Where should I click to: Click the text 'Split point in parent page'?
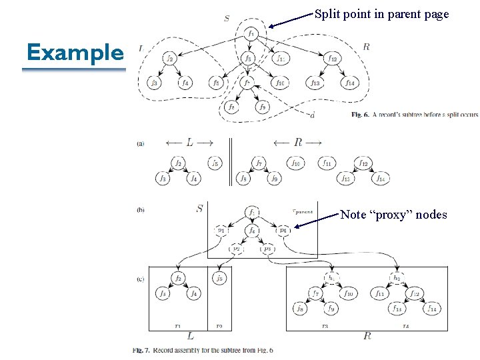[x=381, y=14]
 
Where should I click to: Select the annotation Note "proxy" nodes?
[x=393, y=215]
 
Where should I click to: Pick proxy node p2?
[x=235, y=248]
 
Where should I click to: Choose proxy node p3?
[x=267, y=248]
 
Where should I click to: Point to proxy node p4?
[x=283, y=231]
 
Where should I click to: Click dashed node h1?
[x=331, y=277]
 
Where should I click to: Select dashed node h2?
[x=397, y=277]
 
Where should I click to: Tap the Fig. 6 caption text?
[x=413, y=115]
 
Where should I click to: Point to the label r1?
[x=177, y=326]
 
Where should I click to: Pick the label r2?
[x=219, y=326]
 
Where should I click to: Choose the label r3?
[x=325, y=326]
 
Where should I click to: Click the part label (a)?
[x=140, y=143]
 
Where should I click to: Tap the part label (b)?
[x=140, y=209]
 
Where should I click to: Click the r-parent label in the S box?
[x=303, y=212]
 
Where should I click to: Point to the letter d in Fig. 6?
[x=312, y=115]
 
